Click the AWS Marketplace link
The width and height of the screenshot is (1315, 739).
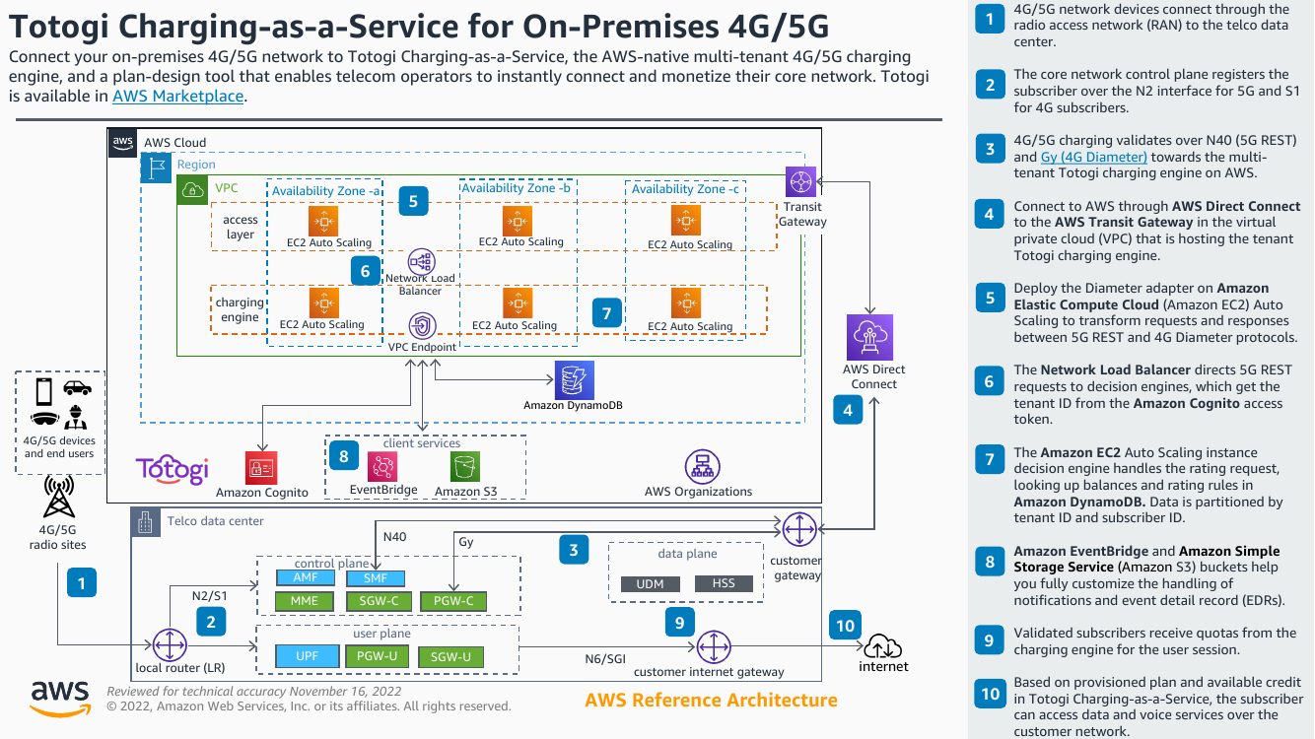click(177, 97)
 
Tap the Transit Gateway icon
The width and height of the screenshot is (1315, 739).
click(800, 182)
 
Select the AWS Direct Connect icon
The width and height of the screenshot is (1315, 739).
click(869, 338)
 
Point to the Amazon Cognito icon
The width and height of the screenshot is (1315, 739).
click(261, 468)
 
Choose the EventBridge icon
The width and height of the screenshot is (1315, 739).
click(382, 467)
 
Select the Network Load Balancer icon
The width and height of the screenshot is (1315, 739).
click(421, 260)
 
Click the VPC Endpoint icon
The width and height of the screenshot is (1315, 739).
click(422, 326)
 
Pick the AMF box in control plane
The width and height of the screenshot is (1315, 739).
click(306, 578)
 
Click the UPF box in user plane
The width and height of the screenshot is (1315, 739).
click(306, 656)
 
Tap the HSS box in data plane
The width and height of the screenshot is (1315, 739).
click(723, 583)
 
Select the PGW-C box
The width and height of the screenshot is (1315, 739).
click(453, 601)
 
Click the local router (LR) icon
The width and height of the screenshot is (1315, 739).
click(171, 645)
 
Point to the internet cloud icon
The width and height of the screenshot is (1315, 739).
click(883, 646)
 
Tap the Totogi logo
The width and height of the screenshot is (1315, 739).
click(172, 468)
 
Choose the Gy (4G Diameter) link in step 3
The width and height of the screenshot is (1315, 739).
click(1093, 157)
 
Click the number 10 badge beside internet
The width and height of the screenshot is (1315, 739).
click(845, 625)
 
